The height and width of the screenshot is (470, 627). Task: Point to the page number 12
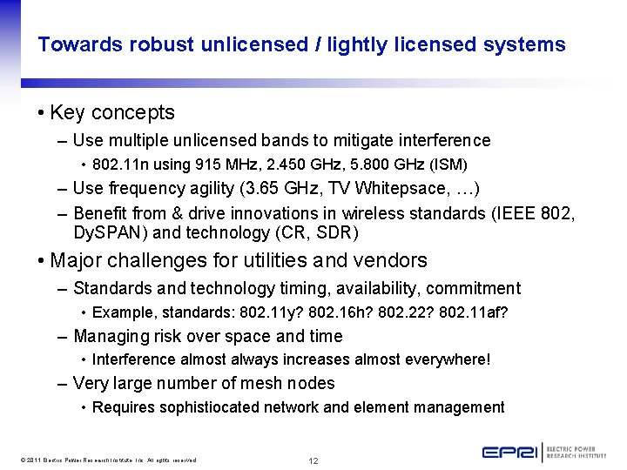click(x=313, y=460)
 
